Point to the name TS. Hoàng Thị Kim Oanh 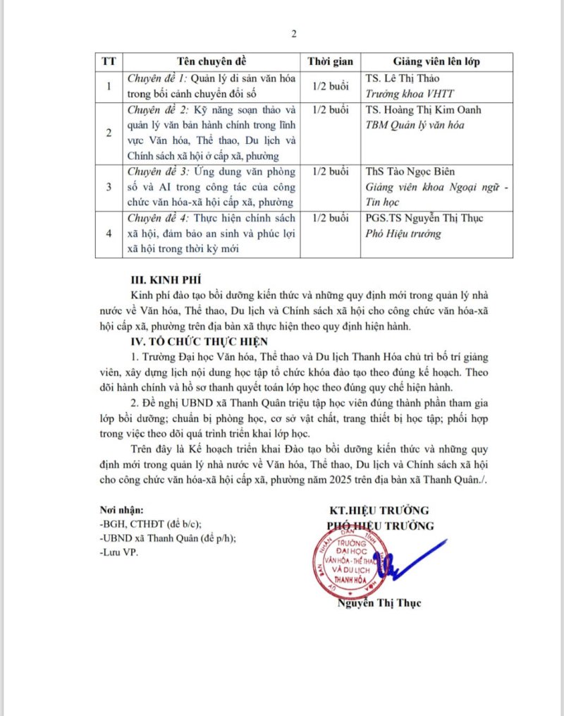tap(424, 111)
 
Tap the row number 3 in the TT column tap(109, 186)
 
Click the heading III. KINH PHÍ tap(166, 279)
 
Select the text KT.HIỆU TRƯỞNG tap(379, 510)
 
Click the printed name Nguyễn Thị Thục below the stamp tap(379, 603)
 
